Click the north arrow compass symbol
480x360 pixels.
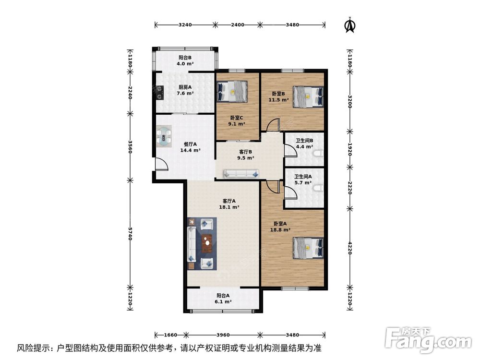tap(349, 25)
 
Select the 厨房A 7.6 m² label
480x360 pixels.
tap(185, 90)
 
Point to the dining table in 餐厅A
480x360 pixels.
tap(165, 136)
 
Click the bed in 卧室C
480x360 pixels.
tap(233, 91)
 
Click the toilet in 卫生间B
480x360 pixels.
tap(318, 154)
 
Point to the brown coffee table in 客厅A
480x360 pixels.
tap(207, 243)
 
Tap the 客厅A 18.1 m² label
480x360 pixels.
tap(228, 204)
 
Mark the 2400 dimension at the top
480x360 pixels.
tap(237, 24)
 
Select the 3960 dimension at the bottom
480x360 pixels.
tap(224, 335)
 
